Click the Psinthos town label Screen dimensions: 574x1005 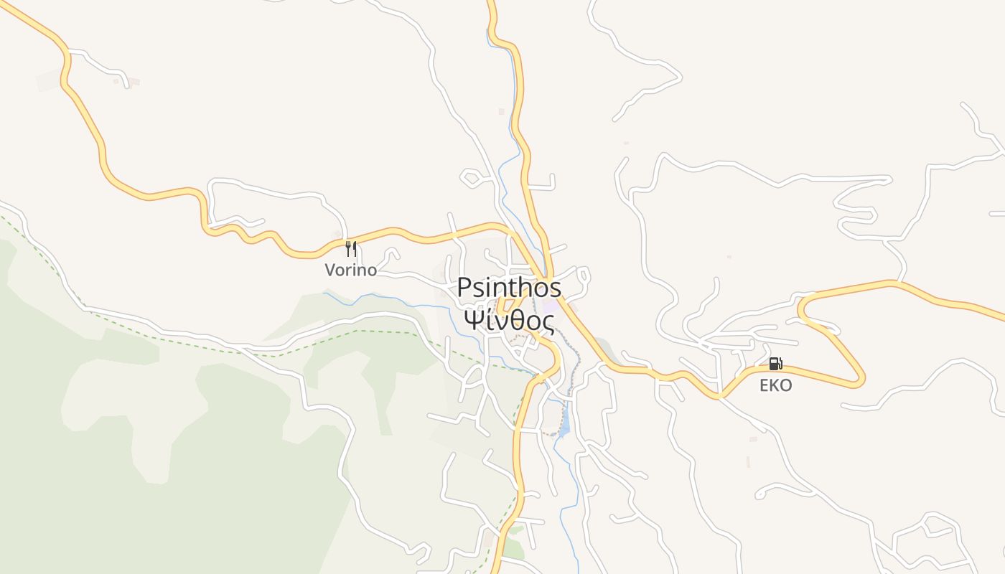pyautogui.click(x=509, y=288)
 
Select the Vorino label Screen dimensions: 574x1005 pyautogui.click(x=350, y=270)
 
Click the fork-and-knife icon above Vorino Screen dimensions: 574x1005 pyautogui.click(x=350, y=249)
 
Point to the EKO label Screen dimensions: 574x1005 pyautogui.click(x=775, y=386)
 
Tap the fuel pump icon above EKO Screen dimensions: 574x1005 pyautogui.click(x=775, y=364)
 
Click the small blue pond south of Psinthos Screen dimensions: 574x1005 pyautogui.click(x=564, y=423)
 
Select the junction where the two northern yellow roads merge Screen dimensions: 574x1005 pyautogui.click(x=547, y=280)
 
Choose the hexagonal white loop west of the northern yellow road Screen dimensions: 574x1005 pyautogui.click(x=471, y=177)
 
